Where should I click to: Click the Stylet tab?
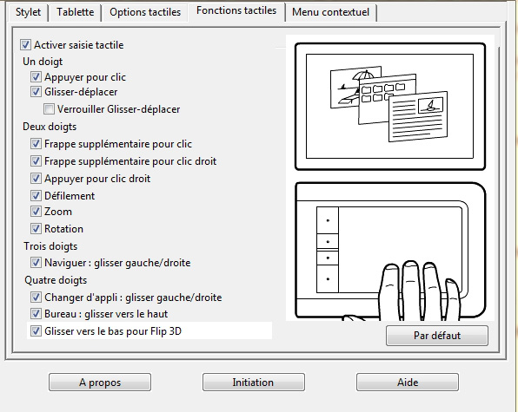click(28, 12)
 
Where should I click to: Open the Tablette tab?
click(76, 12)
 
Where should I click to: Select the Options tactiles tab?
click(145, 12)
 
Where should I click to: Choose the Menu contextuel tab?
click(330, 12)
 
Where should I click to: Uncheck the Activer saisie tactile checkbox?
click(25, 45)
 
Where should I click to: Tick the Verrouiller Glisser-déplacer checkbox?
click(49, 109)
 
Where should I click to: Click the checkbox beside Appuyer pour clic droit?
click(36, 179)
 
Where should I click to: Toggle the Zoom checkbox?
click(36, 212)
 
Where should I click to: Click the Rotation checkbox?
click(36, 229)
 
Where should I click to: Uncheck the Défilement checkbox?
click(36, 196)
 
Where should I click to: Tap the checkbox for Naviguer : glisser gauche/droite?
click(36, 263)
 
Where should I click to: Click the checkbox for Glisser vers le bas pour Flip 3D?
click(36, 331)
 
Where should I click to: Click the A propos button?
click(100, 383)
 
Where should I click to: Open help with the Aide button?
click(408, 383)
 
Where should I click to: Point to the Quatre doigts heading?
click(56, 280)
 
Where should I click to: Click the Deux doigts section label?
click(50, 127)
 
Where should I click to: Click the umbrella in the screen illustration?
click(363, 75)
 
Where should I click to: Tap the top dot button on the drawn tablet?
click(328, 220)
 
